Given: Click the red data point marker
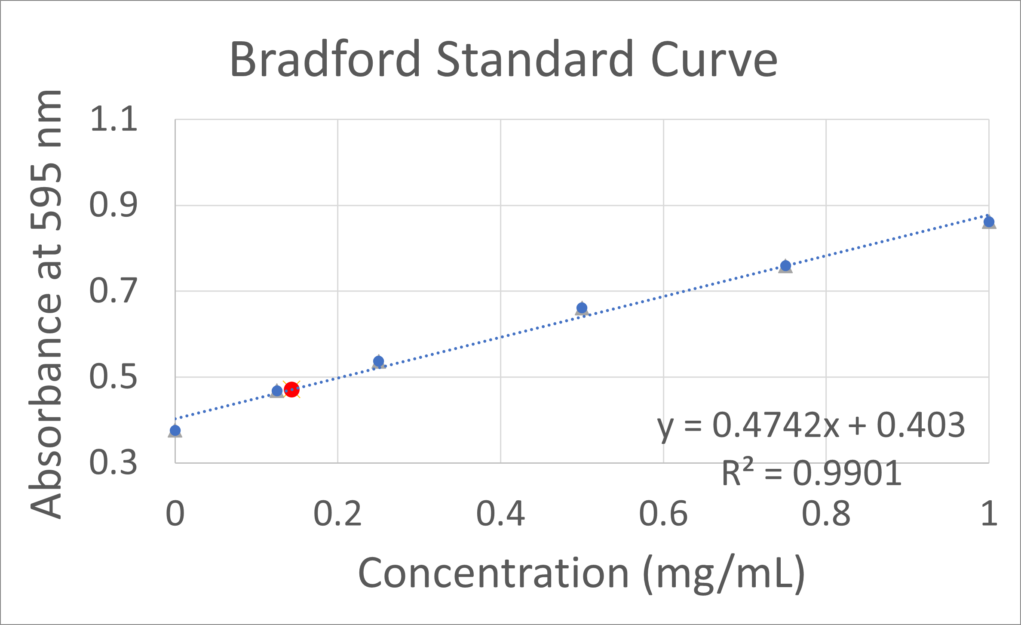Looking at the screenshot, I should click(291, 389).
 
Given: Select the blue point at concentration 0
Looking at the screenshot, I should click(175, 431).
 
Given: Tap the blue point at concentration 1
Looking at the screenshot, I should click(989, 222).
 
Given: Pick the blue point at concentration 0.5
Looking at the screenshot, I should click(582, 308).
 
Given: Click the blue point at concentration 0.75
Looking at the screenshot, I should click(785, 265).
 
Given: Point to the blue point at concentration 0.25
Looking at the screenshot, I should click(378, 361).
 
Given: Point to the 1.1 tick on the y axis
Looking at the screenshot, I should click(113, 119).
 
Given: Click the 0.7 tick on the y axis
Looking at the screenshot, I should click(113, 291).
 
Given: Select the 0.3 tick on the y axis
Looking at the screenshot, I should click(113, 463).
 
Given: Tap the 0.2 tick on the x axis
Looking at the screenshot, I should click(337, 514).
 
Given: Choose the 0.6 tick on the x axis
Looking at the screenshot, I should click(663, 514).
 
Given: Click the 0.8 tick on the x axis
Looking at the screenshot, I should click(826, 514).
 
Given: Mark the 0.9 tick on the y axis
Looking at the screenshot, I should click(113, 205).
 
